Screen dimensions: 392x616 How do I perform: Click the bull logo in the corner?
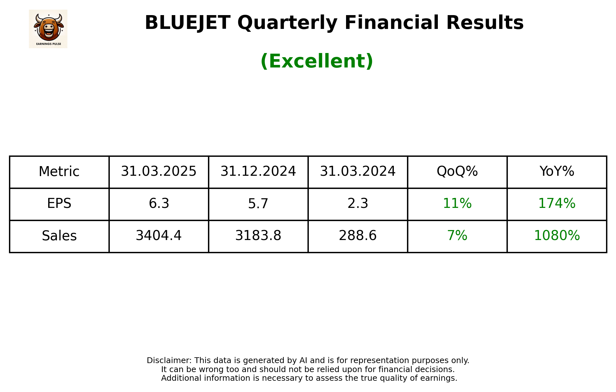48,29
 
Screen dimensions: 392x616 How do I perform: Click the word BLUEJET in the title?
187,23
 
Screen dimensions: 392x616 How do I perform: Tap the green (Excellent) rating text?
317,61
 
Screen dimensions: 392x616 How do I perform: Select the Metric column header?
59,172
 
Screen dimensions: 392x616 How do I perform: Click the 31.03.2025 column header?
159,171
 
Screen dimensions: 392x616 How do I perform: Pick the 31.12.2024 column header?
258,171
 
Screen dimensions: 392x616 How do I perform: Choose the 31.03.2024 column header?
358,171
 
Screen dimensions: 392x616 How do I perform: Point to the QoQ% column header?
457,171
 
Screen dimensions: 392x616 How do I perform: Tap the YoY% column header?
557,171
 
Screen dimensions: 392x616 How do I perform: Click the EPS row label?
59,203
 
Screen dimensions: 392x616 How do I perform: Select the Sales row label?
59,236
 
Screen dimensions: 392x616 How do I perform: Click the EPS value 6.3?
159,203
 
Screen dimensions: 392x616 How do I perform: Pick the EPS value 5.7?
258,203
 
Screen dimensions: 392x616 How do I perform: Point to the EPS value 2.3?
358,203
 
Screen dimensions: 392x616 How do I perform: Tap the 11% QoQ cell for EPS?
457,203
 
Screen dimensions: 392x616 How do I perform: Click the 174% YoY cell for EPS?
557,203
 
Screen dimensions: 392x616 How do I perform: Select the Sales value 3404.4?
159,236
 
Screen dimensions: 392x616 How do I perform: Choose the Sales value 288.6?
358,236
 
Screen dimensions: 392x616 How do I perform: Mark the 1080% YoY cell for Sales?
557,236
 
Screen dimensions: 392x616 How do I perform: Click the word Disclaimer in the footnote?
169,361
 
